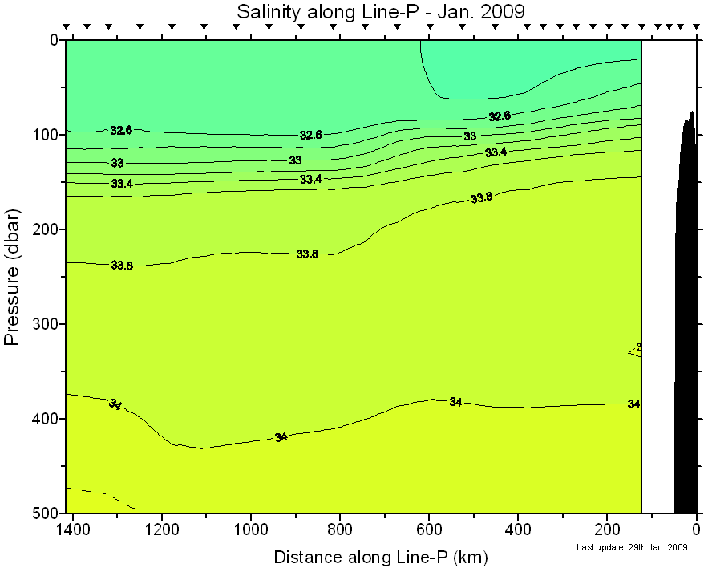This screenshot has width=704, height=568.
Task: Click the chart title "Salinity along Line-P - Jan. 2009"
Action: [x=379, y=11]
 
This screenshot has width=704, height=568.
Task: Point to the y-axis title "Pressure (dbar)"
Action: [x=12, y=277]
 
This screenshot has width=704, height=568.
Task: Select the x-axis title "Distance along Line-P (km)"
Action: [x=380, y=557]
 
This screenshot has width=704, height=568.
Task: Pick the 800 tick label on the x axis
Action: [x=340, y=529]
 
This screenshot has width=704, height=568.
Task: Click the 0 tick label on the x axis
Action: [x=696, y=529]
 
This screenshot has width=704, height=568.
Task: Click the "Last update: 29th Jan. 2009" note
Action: [x=632, y=547]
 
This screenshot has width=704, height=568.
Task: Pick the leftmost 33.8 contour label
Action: [x=122, y=266]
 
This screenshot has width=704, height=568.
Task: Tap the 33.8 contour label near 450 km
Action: [x=481, y=197]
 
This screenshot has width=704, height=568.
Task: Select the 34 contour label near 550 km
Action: [x=455, y=402]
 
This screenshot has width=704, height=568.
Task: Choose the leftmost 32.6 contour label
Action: [x=121, y=130]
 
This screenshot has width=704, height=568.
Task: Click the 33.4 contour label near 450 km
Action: [x=496, y=152]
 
